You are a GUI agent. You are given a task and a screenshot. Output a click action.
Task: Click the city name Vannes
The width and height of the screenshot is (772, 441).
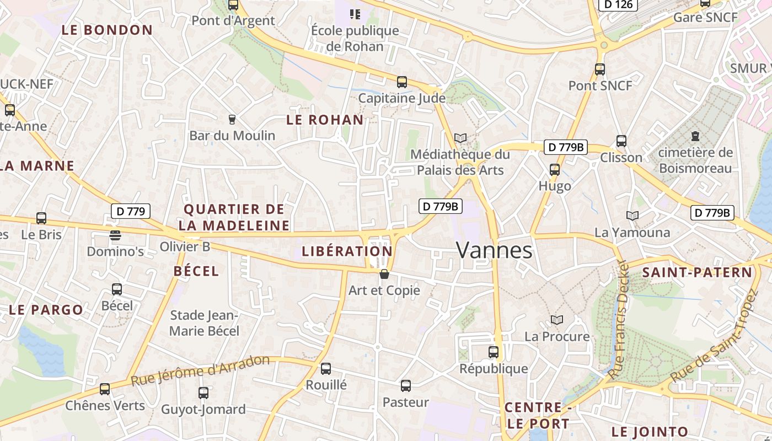coord(495,250)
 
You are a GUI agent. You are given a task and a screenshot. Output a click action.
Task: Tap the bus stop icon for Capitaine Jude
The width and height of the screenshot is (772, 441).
coord(402,82)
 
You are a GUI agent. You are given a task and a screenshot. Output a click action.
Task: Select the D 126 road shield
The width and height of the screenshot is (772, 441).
coord(618,4)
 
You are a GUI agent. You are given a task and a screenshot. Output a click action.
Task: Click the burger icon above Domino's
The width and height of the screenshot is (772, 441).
coord(115,235)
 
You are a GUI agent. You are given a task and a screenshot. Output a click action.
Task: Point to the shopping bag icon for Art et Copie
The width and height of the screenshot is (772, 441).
coord(384,274)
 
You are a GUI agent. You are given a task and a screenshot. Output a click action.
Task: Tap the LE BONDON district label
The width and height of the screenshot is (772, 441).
coord(107,30)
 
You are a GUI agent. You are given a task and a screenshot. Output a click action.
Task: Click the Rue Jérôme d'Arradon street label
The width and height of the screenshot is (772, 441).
coord(201,370)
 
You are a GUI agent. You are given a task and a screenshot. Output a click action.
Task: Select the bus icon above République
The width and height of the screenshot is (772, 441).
coord(494,352)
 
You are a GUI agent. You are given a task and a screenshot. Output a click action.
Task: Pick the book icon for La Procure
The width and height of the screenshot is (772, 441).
coord(557,320)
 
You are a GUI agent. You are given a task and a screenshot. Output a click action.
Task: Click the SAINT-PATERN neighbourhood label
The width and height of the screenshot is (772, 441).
coord(697,272)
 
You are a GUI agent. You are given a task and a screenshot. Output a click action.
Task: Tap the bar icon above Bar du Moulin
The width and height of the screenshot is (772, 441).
coord(232,119)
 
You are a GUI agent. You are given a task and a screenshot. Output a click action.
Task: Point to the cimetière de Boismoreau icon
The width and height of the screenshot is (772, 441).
coord(695,136)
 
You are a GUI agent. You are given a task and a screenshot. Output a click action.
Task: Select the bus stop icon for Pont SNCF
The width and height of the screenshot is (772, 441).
coord(600,69)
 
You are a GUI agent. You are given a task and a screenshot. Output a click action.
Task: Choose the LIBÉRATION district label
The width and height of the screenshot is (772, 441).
coord(347,251)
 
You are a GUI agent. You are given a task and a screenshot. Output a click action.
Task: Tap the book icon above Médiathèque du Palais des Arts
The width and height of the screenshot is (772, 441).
coord(460,138)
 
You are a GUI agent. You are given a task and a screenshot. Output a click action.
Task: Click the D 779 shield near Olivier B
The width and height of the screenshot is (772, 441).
coord(131,211)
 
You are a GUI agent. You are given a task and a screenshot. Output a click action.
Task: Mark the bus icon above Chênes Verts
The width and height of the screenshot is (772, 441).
coord(105,389)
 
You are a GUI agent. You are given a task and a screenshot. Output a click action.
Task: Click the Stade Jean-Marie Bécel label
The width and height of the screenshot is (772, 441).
coord(204,323)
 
